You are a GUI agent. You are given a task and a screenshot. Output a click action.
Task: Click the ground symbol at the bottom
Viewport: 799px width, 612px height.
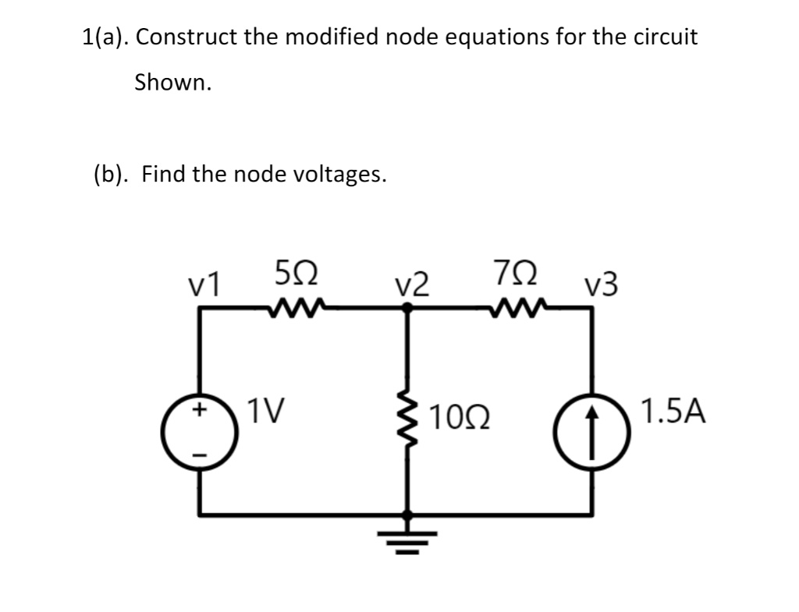point(407,539)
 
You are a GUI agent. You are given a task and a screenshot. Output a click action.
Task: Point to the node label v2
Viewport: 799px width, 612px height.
point(410,285)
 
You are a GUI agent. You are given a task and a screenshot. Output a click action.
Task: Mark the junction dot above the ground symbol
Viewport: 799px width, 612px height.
point(407,515)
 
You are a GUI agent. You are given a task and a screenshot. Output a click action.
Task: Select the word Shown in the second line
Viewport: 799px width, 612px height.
point(172,82)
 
